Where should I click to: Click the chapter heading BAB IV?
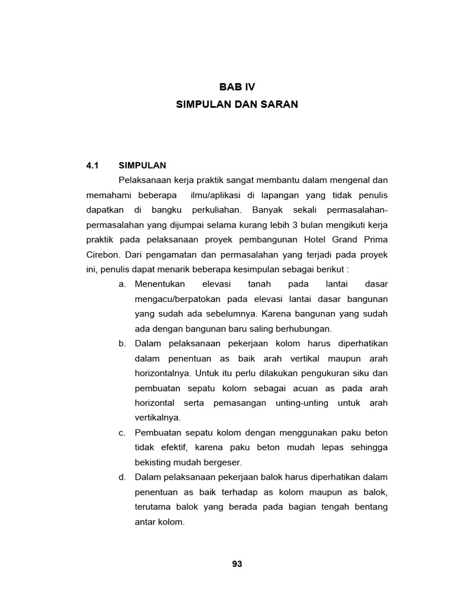tap(237, 87)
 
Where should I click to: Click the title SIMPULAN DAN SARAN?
tap(237, 104)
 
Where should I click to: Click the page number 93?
tap(237, 563)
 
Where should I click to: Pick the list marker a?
tap(122, 284)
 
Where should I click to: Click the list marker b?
tap(122, 343)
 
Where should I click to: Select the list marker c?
tap(122, 432)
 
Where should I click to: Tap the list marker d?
tap(122, 477)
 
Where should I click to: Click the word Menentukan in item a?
tap(160, 284)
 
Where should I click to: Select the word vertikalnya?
tap(157, 418)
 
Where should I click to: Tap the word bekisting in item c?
tap(153, 462)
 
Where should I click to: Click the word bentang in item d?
tap(372, 507)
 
